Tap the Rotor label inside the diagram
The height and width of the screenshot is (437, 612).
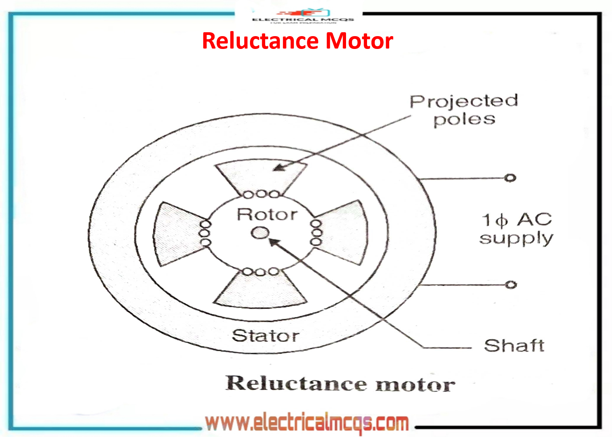(x=267, y=214)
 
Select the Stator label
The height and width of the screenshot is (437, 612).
(x=266, y=336)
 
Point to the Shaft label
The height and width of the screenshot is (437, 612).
(x=514, y=345)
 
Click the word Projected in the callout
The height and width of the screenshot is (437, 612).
(x=464, y=102)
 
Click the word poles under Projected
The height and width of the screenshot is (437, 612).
(x=464, y=119)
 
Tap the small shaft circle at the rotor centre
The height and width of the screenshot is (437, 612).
(x=260, y=233)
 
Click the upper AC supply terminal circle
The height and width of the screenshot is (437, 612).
(x=510, y=178)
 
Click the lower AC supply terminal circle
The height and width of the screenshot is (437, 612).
(x=511, y=285)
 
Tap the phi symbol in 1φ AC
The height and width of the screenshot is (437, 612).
(x=502, y=220)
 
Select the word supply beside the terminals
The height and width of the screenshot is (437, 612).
(x=516, y=238)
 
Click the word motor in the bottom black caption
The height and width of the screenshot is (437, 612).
(x=415, y=384)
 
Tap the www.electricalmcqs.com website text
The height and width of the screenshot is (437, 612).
(x=307, y=423)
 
